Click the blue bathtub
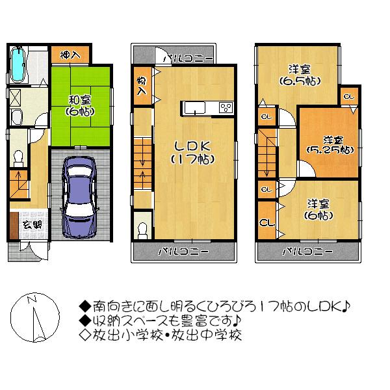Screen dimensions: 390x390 (18, 64)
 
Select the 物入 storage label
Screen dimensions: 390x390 (141, 86)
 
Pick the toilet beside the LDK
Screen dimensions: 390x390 (142, 231)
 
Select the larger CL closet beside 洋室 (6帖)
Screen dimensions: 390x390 (265, 223)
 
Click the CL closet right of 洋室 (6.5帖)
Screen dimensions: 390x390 (348, 96)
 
